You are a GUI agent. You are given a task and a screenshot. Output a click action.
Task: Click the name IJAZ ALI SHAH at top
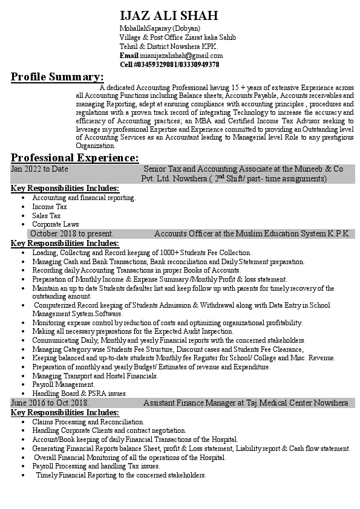[x=169, y=16]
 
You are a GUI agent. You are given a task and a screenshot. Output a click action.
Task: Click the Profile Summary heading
[x=57, y=77]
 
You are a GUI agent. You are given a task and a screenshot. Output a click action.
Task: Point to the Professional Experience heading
[x=74, y=157]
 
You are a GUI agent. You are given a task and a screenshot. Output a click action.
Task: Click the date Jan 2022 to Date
[x=39, y=169]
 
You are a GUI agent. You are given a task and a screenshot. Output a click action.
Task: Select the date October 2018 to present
[x=71, y=233]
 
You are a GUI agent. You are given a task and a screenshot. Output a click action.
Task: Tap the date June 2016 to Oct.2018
[x=50, y=403]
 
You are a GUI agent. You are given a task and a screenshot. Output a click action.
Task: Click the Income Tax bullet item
[x=50, y=207]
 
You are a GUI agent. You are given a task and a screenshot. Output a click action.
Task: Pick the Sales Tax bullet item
[x=47, y=215]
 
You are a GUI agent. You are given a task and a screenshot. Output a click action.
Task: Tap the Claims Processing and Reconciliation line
[x=88, y=421]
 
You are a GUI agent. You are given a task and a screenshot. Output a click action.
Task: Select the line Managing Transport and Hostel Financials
[x=95, y=376]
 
